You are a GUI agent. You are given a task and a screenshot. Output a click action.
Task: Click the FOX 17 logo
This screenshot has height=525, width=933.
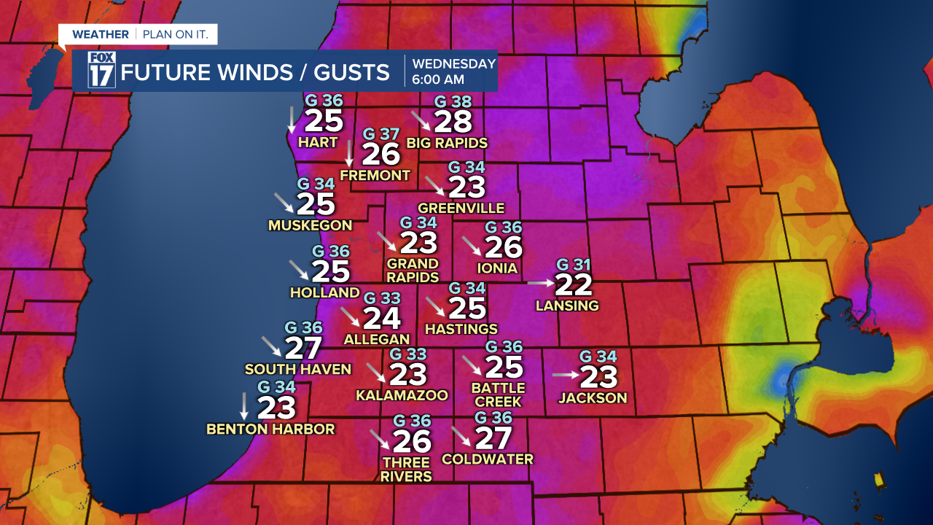pos(102,71)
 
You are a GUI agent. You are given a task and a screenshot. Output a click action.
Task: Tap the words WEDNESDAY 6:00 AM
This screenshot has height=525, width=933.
pos(453,71)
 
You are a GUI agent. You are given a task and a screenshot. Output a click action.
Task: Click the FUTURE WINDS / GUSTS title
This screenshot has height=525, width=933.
pos(255,72)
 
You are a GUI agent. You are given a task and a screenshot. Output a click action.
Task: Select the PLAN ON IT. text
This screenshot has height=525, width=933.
pos(176,34)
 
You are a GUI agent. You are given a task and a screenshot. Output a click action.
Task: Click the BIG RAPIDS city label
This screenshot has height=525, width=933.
pos(447,143)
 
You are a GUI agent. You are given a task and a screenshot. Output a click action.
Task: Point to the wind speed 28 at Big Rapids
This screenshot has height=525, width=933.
pos(453,122)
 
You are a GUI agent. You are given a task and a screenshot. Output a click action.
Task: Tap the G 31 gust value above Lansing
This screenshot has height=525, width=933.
pos(573,265)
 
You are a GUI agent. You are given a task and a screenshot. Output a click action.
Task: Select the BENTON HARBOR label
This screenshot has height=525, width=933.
pos(270,429)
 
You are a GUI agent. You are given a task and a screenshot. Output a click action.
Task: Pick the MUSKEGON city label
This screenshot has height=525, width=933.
pos(310,225)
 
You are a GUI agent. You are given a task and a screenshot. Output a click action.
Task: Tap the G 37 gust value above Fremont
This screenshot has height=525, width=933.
pos(381,134)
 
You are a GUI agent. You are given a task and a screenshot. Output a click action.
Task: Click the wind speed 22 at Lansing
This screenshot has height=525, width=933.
pos(574,285)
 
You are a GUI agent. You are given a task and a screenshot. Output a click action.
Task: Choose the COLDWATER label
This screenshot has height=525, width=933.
pos(488,459)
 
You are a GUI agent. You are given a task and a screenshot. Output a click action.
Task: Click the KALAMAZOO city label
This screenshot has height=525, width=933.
pos(402,395)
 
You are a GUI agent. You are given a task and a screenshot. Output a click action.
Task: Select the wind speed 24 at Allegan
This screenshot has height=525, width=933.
pos(382,318)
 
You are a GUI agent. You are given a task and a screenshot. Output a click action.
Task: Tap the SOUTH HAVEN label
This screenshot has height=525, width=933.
pos(298,370)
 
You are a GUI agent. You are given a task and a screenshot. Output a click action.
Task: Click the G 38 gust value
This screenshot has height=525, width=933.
pos(453,102)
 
